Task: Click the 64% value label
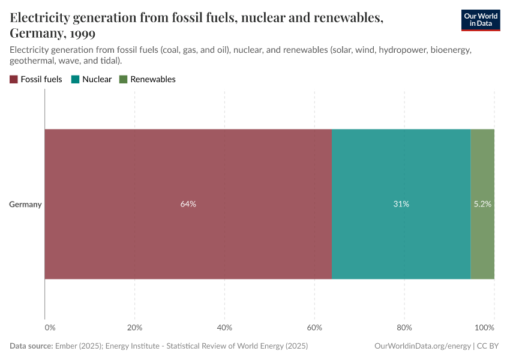point(188,204)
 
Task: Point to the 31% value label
point(401,204)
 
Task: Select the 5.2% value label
point(482,204)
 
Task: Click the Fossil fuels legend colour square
point(14,79)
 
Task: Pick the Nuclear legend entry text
point(97,79)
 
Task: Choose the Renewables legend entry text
point(152,79)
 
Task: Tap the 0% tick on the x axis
point(50,328)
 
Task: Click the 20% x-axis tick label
point(134,328)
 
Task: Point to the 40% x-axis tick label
point(224,328)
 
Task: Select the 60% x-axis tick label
point(314,328)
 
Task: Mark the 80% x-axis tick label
point(404,328)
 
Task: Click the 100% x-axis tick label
point(484,328)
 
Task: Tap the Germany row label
point(25,204)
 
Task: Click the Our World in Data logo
point(480,20)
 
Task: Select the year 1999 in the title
point(82,32)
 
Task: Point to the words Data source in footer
point(31,346)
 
